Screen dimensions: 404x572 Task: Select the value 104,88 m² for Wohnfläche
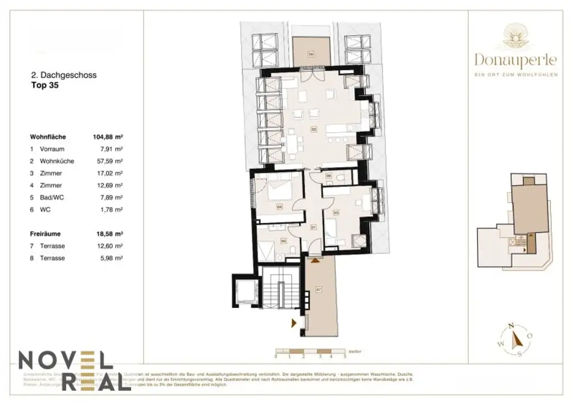click(x=107, y=137)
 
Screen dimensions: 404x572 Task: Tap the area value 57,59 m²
click(x=111, y=161)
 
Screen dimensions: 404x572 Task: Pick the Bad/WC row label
click(x=51, y=197)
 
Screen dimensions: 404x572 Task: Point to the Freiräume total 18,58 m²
click(x=107, y=234)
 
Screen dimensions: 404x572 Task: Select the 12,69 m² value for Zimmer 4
click(x=111, y=185)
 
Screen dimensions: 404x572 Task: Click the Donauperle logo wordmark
click(x=516, y=59)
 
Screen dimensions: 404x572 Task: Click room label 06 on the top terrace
click(x=311, y=54)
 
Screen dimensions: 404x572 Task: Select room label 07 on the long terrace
click(x=319, y=289)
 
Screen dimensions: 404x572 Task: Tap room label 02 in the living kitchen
click(x=314, y=129)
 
